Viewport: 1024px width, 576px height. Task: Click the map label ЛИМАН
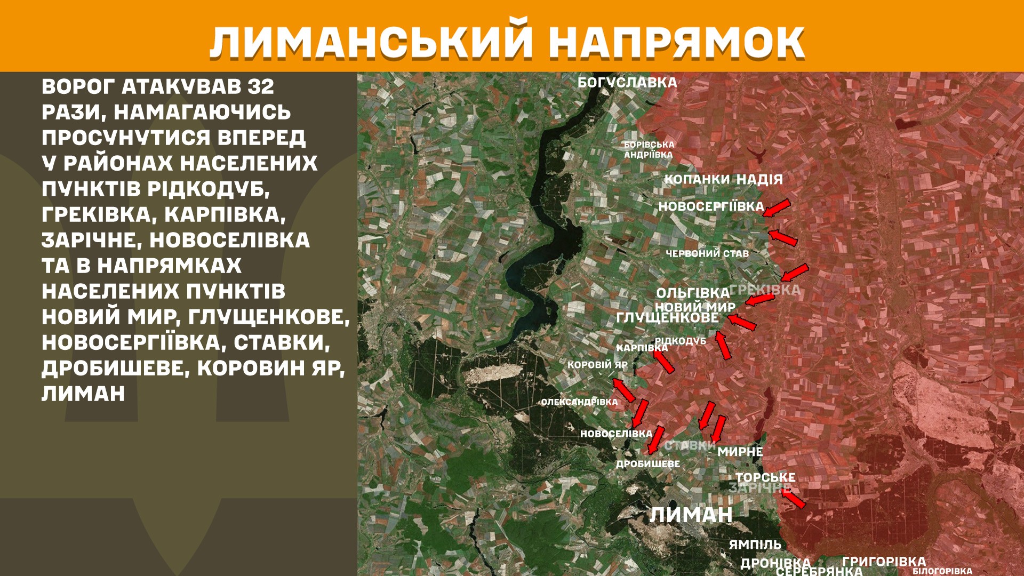click(x=691, y=515)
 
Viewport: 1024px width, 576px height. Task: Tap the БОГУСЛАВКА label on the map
click(x=627, y=83)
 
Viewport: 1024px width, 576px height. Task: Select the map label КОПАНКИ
click(x=697, y=180)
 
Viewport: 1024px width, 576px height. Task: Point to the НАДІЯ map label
click(x=759, y=180)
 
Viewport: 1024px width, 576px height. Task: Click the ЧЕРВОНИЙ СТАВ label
click(x=707, y=254)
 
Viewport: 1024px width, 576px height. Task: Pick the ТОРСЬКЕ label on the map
click(x=765, y=477)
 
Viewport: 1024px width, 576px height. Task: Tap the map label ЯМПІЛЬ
click(x=755, y=545)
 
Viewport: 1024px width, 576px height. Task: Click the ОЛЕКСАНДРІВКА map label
click(x=579, y=402)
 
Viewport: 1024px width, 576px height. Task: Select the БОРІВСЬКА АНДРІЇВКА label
click(x=649, y=150)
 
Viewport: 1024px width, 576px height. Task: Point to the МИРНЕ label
click(x=740, y=452)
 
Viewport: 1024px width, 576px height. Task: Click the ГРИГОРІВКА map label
click(x=884, y=561)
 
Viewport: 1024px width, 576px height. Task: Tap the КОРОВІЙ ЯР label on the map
click(x=597, y=365)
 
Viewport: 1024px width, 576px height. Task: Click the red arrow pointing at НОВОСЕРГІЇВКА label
click(x=776, y=208)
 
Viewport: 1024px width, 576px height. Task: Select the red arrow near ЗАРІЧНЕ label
click(x=793, y=499)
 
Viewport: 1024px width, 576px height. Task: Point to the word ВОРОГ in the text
click(x=78, y=86)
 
